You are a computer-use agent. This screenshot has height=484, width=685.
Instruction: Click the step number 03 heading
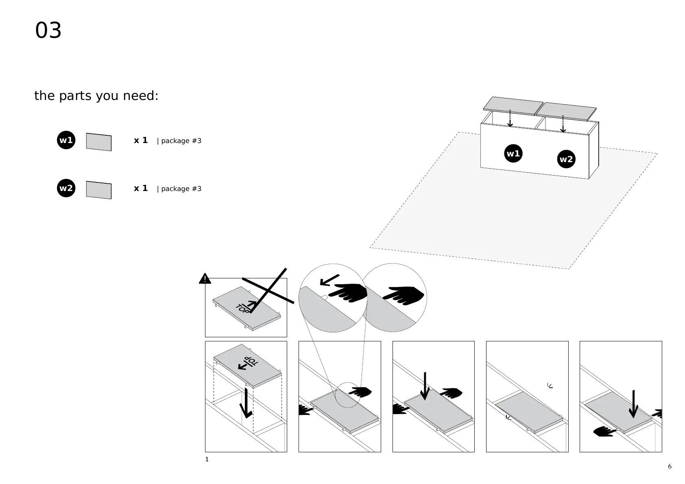click(48, 31)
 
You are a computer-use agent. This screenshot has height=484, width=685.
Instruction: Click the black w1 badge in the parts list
click(66, 140)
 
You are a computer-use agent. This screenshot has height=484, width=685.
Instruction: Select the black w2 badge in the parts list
click(66, 188)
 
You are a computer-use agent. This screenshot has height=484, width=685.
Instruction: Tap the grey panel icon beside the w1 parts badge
click(99, 142)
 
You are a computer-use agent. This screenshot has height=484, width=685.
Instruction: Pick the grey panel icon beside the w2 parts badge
click(99, 190)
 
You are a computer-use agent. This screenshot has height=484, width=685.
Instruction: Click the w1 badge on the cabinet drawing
click(513, 154)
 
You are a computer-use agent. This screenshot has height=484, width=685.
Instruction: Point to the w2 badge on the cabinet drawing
click(566, 159)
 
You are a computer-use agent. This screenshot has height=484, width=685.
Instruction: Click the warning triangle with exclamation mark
click(205, 279)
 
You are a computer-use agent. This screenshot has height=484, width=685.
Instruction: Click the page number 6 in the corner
click(670, 467)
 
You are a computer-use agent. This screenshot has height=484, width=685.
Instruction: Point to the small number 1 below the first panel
click(207, 460)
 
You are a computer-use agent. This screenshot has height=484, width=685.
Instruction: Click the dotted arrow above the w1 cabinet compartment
click(510, 118)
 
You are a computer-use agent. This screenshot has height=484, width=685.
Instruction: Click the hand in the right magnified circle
click(403, 295)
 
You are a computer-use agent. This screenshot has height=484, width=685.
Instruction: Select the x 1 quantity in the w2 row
click(141, 188)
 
